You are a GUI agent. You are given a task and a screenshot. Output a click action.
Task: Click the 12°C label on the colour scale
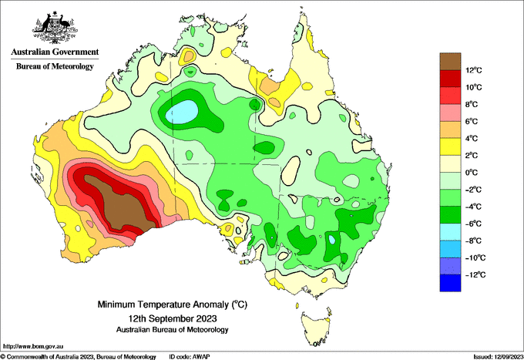(x=474, y=70)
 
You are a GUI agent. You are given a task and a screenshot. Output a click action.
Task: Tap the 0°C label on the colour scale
(x=472, y=173)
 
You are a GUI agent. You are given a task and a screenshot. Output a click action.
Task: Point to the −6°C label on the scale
(x=473, y=224)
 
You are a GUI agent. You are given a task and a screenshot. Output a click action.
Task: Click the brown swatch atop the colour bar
(x=450, y=61)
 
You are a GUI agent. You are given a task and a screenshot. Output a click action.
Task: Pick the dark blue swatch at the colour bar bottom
(x=450, y=283)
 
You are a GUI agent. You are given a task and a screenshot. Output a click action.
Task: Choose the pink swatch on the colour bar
(x=450, y=113)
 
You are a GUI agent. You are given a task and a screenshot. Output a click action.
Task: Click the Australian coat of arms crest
(x=55, y=28)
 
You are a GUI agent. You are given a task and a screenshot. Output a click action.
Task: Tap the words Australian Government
(x=55, y=52)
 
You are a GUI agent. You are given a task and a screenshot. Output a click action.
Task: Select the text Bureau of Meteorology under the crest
(x=55, y=66)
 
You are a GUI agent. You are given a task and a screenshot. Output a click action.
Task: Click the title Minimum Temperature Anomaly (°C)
(x=173, y=304)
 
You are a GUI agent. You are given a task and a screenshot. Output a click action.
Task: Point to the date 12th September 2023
(x=173, y=318)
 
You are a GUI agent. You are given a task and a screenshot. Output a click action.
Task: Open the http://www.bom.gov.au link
(x=32, y=347)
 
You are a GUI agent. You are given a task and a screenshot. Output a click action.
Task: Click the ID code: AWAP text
(x=189, y=357)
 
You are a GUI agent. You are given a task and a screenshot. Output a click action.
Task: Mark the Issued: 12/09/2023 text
(x=498, y=357)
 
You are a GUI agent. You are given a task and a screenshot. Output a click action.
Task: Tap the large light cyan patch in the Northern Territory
(x=182, y=112)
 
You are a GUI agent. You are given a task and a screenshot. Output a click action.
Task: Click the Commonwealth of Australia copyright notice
(x=79, y=357)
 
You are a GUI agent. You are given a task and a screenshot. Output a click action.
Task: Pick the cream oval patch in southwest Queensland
(x=291, y=170)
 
